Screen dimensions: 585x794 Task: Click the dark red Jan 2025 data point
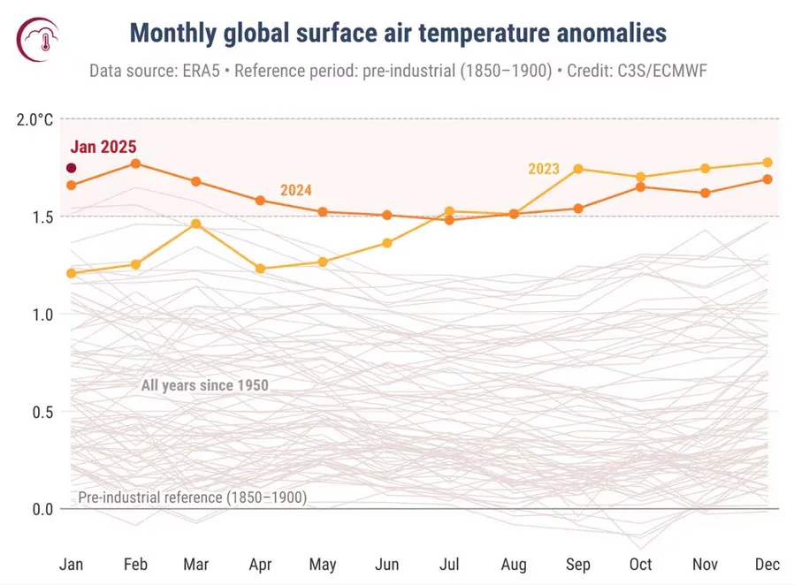point(72,168)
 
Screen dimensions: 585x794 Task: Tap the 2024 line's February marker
point(135,163)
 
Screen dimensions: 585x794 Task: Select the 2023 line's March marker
point(196,224)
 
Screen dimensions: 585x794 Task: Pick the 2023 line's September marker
point(578,169)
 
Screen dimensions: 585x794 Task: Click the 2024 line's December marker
point(767,179)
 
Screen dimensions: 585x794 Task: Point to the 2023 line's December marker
point(767,163)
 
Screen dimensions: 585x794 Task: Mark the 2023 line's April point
point(260,269)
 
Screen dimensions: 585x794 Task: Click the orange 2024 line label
point(296,190)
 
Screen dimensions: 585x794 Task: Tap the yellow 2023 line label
point(544,169)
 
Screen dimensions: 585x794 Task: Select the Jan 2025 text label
point(103,148)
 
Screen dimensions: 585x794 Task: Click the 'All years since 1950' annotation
point(204,385)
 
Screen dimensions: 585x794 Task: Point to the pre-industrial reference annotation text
point(192,498)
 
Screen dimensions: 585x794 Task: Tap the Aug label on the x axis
point(515,564)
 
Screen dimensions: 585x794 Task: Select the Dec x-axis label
point(767,564)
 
